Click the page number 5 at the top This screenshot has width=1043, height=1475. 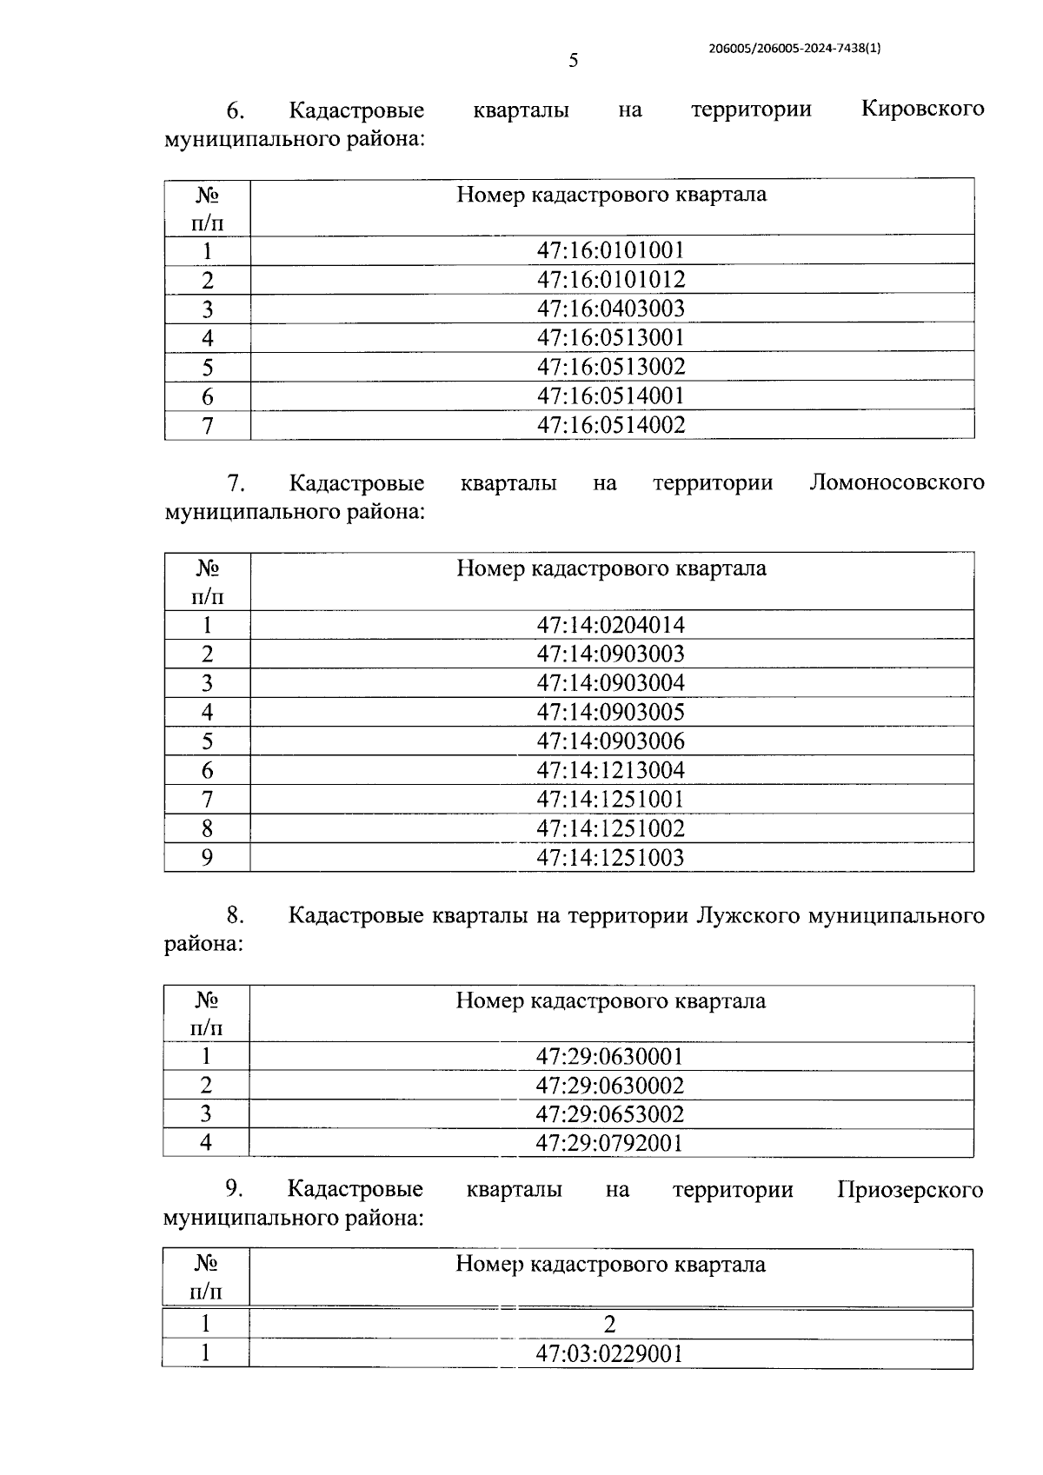point(573,61)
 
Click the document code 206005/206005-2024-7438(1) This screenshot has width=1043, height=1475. point(795,50)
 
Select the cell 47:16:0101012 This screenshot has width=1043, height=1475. point(611,280)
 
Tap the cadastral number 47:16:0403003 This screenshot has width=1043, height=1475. point(611,309)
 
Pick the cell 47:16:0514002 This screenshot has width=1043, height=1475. point(611,425)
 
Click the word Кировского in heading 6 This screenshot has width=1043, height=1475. point(922,110)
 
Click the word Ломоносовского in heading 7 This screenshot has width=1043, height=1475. point(896,483)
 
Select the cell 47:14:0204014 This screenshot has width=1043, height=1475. point(611,625)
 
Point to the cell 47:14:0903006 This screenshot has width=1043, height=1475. point(611,741)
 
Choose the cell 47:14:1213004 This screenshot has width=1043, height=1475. point(611,770)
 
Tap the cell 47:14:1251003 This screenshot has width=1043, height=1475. point(611,858)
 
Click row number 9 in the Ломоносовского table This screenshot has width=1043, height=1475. point(207,858)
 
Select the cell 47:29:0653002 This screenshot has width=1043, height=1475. point(610,1114)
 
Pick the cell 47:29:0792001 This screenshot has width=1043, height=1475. point(610,1143)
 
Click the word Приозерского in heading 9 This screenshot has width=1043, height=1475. point(910,1190)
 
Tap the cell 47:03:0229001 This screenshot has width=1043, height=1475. point(610,1354)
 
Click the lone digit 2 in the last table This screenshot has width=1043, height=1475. point(610,1325)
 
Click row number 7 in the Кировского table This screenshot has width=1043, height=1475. point(207,426)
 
